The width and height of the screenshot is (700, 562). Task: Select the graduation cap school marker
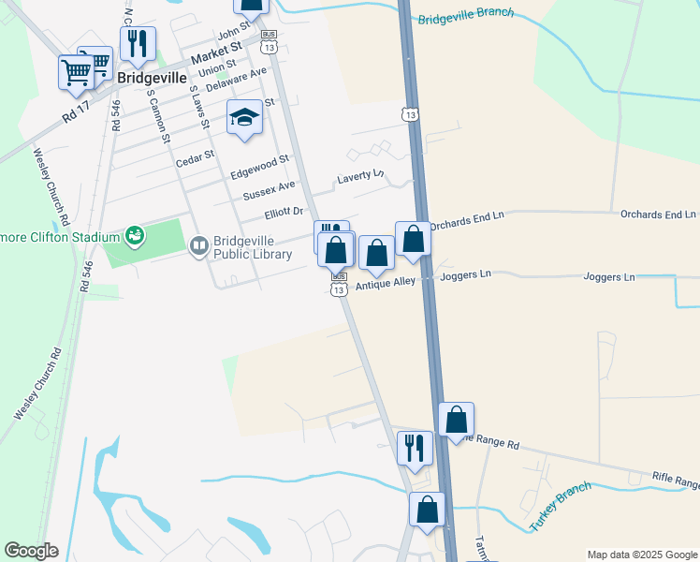244,117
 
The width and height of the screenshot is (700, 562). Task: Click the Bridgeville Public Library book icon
198,246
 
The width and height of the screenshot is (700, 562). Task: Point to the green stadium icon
136,234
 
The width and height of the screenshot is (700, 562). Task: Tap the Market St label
216,53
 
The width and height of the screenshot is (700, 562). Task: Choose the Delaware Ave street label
236,78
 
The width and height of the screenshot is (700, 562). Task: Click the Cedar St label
196,158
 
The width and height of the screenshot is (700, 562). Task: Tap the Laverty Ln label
360,176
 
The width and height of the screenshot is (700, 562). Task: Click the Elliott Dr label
284,213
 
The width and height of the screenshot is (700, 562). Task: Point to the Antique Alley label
386,282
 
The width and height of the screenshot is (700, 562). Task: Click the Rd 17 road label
74,110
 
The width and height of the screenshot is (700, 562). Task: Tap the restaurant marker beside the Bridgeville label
138,42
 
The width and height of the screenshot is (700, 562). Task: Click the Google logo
31,551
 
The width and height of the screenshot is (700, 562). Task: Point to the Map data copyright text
642,555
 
